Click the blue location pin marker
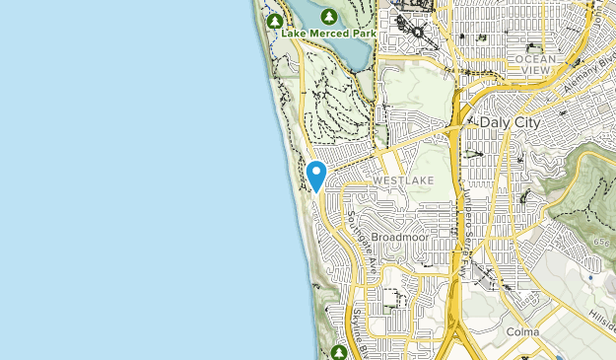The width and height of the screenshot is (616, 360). pyautogui.click(x=316, y=176)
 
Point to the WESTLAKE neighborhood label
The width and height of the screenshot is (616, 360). pyautogui.click(x=399, y=182)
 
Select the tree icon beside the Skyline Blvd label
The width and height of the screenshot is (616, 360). pyautogui.click(x=338, y=351)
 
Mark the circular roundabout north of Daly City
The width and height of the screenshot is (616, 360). pyautogui.click(x=418, y=32)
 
